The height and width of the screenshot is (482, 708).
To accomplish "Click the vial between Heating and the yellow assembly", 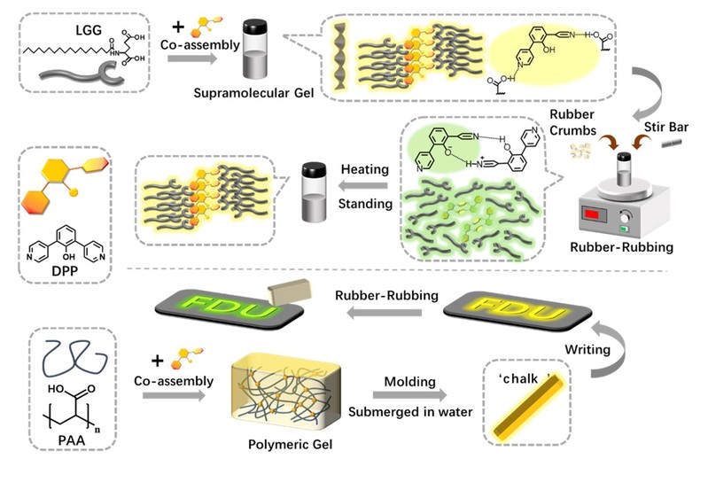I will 312,184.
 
